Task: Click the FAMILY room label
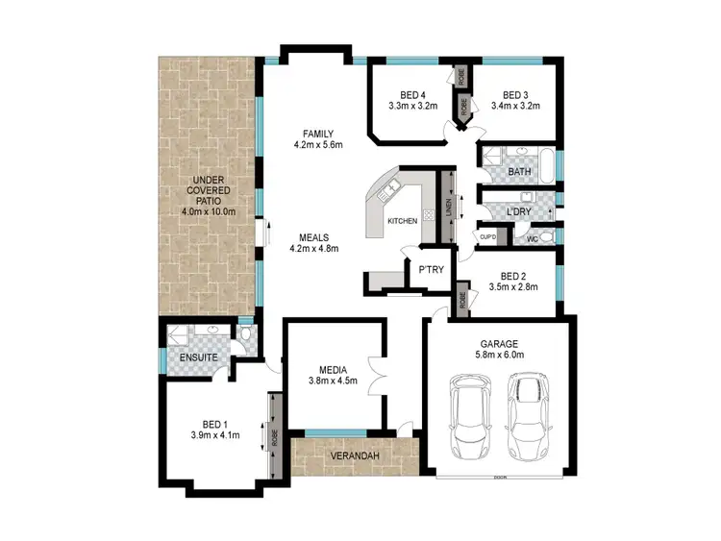[x=316, y=133]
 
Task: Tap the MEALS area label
[x=314, y=235]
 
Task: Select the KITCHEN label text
[x=402, y=221]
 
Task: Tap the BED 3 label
[x=515, y=94]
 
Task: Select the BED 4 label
[x=412, y=94]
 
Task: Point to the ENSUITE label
[x=199, y=358]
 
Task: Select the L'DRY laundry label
[x=519, y=209]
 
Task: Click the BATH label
[x=519, y=172]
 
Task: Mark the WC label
[x=532, y=236]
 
